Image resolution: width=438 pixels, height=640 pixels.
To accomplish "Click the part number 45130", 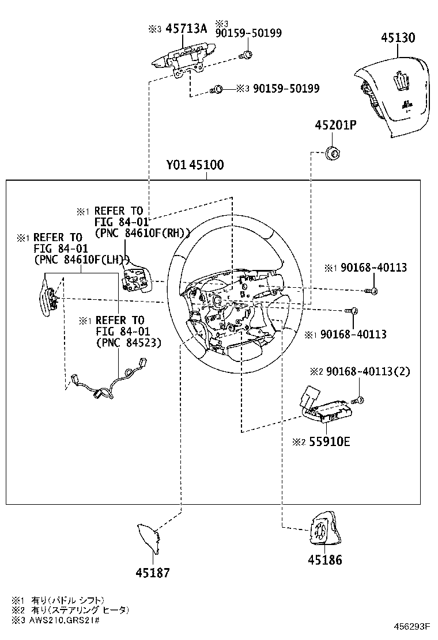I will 405,39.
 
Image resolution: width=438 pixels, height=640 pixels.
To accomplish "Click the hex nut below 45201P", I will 333,153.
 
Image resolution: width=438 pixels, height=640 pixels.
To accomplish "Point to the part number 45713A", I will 186,29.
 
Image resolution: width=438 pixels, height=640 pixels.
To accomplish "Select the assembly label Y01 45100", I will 195,165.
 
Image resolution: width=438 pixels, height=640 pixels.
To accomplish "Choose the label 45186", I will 324,559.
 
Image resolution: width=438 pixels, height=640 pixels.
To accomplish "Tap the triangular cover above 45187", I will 149,538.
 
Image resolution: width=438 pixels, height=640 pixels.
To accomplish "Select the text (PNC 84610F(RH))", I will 142,233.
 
